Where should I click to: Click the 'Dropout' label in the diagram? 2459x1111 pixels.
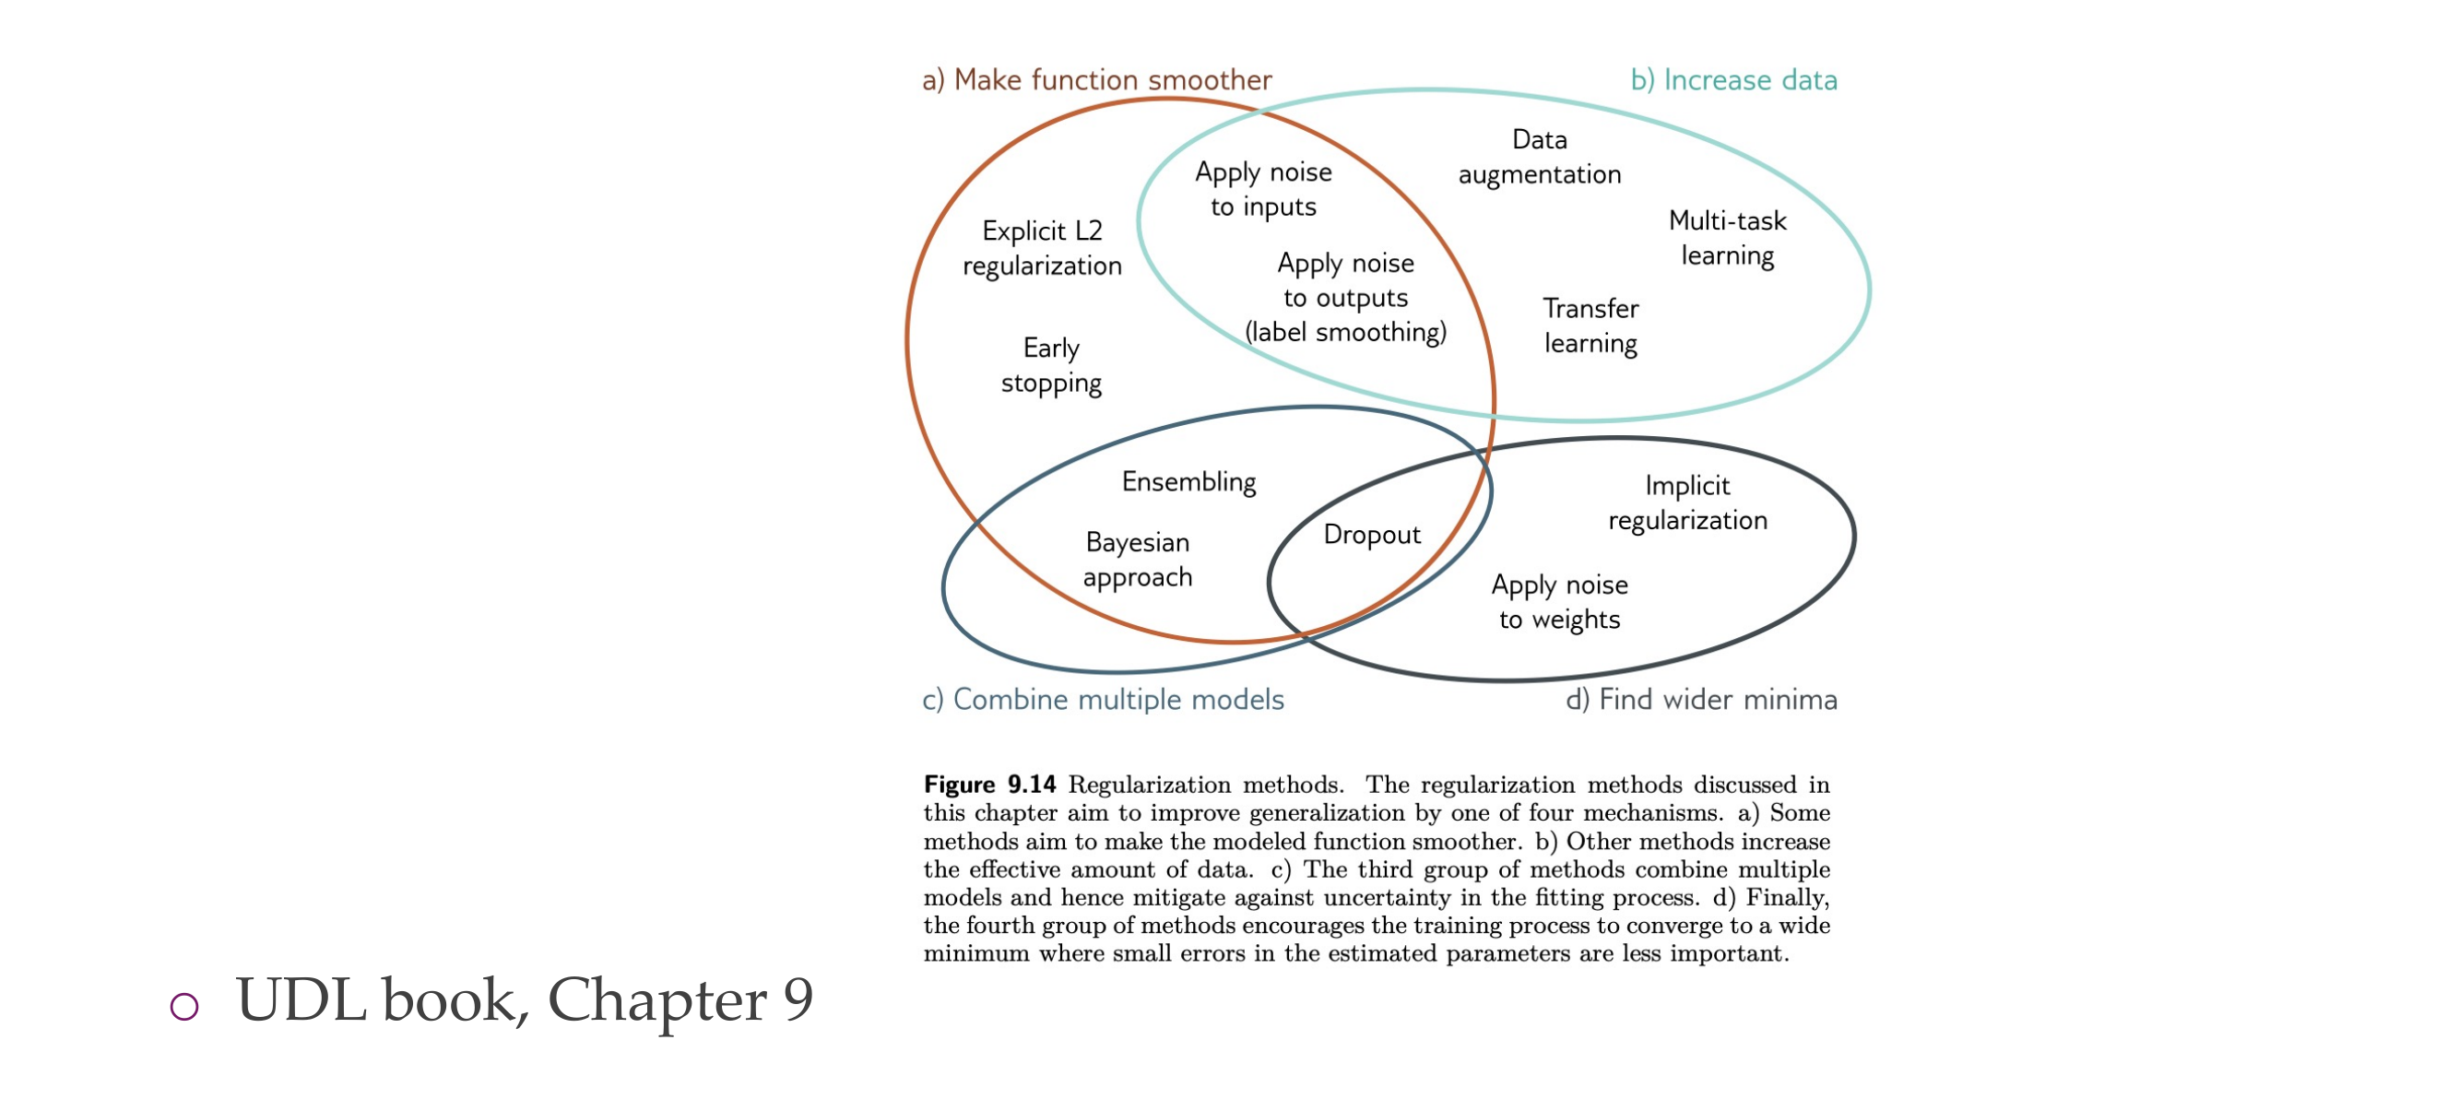click(x=1372, y=535)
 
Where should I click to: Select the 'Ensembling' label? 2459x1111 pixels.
click(x=1188, y=482)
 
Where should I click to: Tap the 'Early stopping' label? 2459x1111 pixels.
click(x=1051, y=364)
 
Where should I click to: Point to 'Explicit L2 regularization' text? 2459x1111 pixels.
click(x=1042, y=248)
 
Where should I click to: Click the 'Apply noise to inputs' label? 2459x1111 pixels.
click(x=1263, y=189)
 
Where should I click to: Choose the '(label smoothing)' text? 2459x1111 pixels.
click(x=1345, y=332)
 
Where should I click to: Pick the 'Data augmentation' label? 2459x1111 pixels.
click(x=1539, y=157)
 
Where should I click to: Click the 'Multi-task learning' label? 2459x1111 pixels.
click(x=1727, y=238)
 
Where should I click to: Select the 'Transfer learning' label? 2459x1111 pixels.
click(x=1590, y=325)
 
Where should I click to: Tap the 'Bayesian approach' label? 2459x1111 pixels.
click(x=1137, y=560)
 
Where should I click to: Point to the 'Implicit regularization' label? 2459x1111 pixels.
click(x=1686, y=503)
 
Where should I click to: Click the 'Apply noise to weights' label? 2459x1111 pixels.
click(x=1559, y=601)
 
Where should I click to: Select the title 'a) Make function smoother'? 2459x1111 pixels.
click(x=1097, y=79)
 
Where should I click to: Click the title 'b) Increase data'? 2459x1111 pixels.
click(x=1733, y=79)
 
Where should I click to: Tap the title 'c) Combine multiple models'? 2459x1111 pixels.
click(x=1103, y=700)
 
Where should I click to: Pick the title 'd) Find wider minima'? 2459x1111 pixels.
click(x=1701, y=700)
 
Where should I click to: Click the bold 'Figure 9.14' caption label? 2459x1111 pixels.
click(x=989, y=785)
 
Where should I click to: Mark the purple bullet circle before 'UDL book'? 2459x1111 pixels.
click(x=184, y=1005)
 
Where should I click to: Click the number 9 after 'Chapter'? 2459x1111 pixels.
click(x=798, y=999)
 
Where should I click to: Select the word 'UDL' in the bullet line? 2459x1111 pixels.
click(x=301, y=999)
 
